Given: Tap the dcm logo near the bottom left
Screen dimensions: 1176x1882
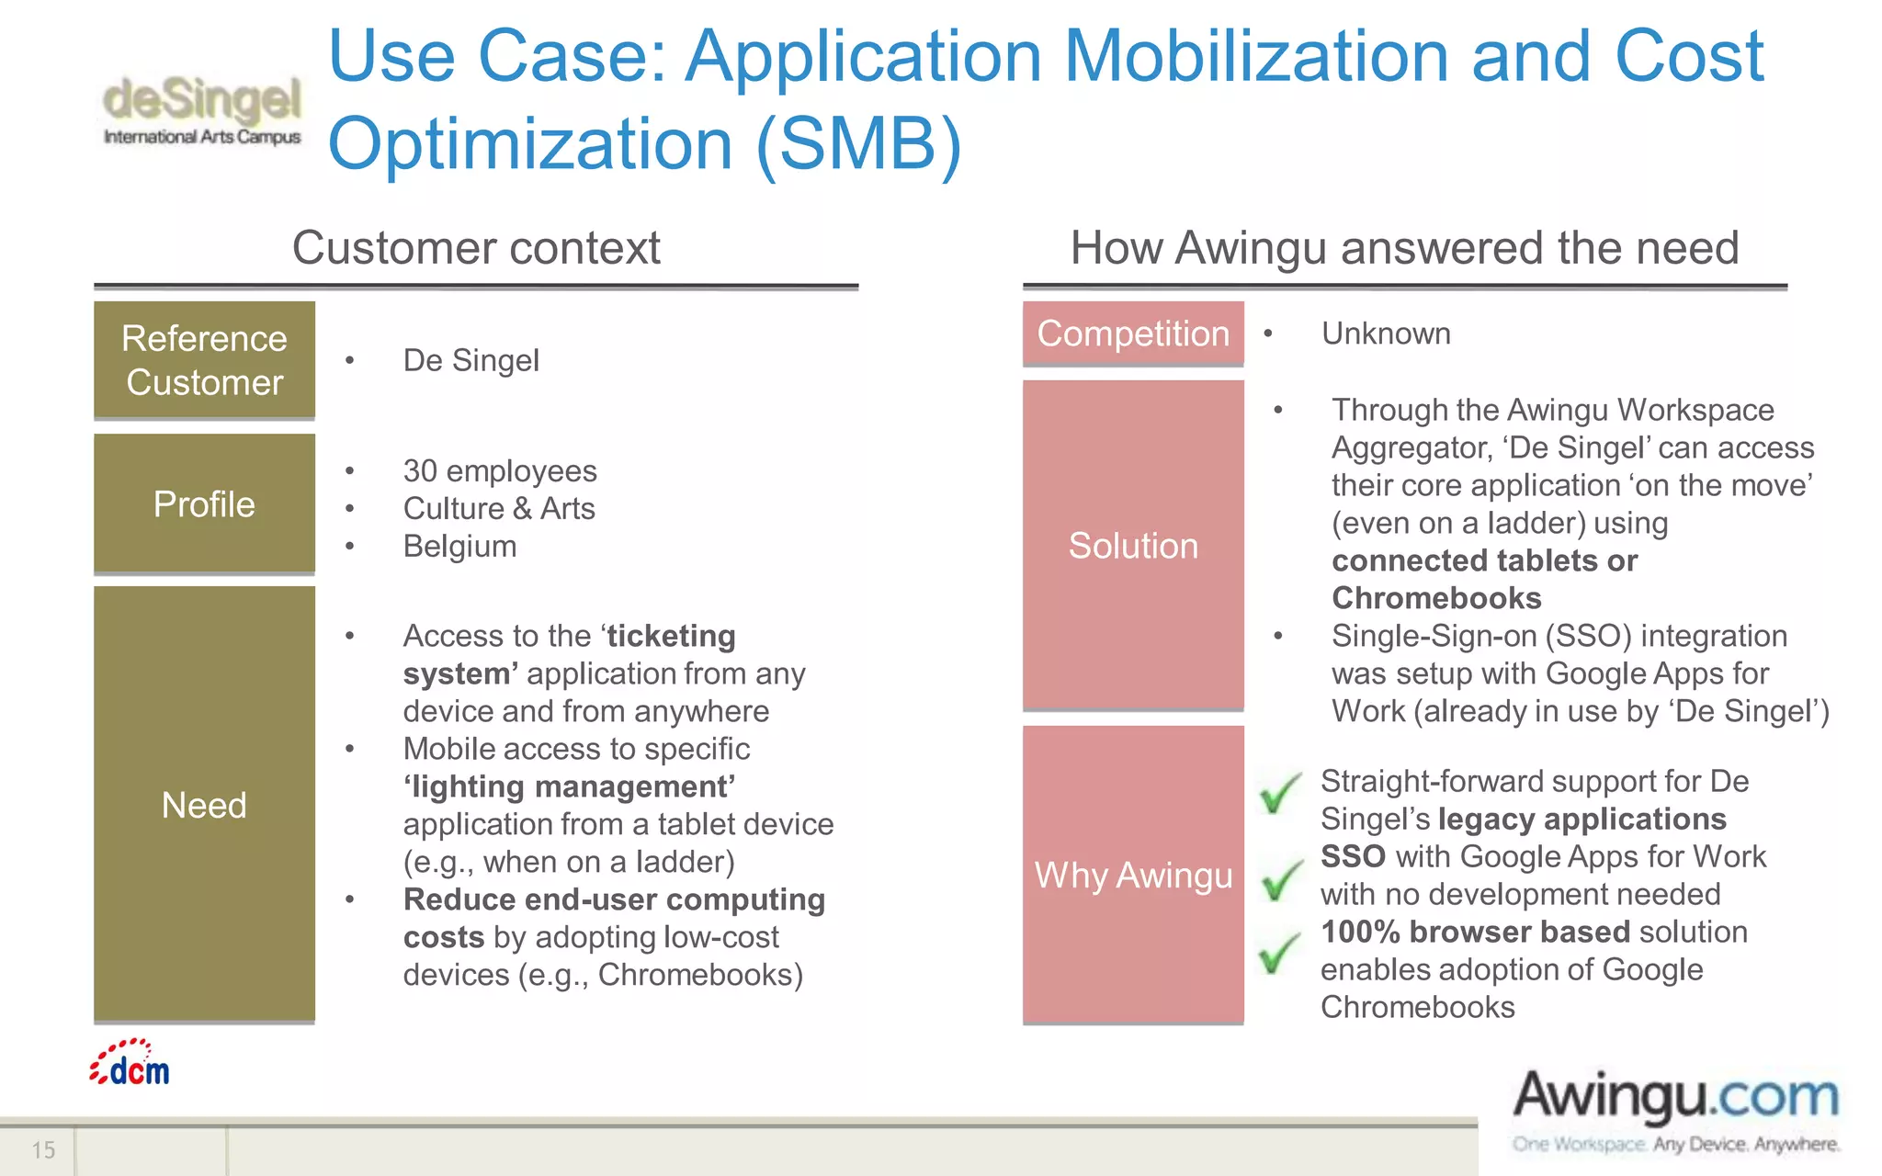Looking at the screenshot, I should (x=130, y=1064).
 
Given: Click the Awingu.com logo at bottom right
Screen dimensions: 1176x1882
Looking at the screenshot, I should (x=1674, y=1110).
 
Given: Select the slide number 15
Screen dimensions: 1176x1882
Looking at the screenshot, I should (x=43, y=1149).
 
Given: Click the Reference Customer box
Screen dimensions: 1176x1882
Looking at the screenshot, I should (x=204, y=360).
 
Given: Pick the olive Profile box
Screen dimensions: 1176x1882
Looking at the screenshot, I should (x=204, y=503).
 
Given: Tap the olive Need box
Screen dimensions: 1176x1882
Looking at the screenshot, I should (x=204, y=804).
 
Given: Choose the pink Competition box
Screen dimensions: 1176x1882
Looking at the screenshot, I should (x=1132, y=334).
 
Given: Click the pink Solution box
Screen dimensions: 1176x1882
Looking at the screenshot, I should (x=1132, y=545).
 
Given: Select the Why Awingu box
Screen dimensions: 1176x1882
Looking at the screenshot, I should (x=1132, y=875).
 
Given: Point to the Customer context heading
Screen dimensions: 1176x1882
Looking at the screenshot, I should (x=476, y=248).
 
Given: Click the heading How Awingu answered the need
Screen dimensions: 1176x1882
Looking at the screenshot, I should (x=1404, y=248).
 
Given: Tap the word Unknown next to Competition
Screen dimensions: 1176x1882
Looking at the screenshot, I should (x=1386, y=334).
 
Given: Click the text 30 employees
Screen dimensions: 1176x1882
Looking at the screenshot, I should (x=500, y=470).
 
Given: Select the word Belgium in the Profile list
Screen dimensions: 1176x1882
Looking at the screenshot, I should (x=459, y=546).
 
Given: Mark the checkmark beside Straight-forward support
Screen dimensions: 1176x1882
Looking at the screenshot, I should (x=1279, y=792).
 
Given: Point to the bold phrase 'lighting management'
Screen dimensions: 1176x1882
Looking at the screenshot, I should (x=569, y=786).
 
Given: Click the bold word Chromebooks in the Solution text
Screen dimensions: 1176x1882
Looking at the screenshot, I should (x=1436, y=598).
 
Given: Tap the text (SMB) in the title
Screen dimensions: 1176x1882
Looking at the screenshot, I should (x=858, y=144).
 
